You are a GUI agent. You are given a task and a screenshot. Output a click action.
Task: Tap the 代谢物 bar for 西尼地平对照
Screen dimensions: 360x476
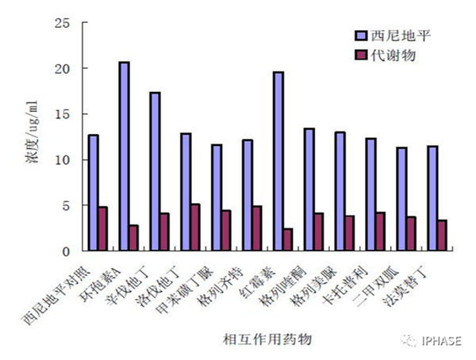pyautogui.click(x=103, y=229)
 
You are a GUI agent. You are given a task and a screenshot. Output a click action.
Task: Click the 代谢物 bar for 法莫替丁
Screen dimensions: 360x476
pyautogui.click(x=442, y=236)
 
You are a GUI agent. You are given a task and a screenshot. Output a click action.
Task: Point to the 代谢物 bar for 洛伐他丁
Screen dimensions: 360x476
pyautogui.click(x=196, y=228)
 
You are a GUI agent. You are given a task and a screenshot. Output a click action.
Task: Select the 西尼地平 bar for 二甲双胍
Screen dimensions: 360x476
pyautogui.click(x=401, y=199)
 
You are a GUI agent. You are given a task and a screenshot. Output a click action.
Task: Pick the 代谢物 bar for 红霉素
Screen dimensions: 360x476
pyautogui.click(x=288, y=239)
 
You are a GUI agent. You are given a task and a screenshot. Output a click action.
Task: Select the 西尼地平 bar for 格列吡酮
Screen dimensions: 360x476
pyautogui.click(x=309, y=190)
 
